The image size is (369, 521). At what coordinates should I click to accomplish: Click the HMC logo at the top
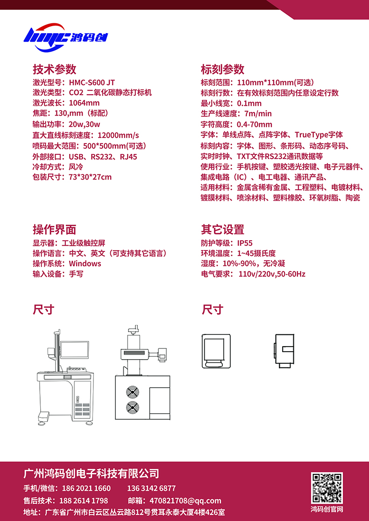[x=65, y=37]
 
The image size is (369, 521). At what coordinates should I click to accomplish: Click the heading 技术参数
[x=55, y=69]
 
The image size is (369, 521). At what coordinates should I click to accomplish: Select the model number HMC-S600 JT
[x=92, y=83]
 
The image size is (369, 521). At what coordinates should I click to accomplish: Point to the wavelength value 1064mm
[x=84, y=103]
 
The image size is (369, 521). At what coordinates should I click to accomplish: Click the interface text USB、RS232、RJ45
[x=103, y=157]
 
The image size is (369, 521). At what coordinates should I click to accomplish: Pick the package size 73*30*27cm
[x=90, y=177]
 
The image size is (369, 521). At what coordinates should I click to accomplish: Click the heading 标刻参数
[x=223, y=69]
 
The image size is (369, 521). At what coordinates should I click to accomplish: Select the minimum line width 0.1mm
[x=249, y=103]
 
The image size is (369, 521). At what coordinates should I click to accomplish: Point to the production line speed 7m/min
[x=258, y=114]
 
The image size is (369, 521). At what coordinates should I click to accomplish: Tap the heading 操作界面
[x=55, y=229]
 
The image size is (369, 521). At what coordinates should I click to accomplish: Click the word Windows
[x=85, y=264]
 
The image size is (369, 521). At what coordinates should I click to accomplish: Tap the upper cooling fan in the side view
[x=132, y=392]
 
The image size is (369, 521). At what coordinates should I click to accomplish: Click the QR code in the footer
[x=327, y=488]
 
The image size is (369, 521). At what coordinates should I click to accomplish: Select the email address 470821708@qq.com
[x=185, y=501]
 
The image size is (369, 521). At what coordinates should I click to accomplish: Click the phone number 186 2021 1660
[x=85, y=488]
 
